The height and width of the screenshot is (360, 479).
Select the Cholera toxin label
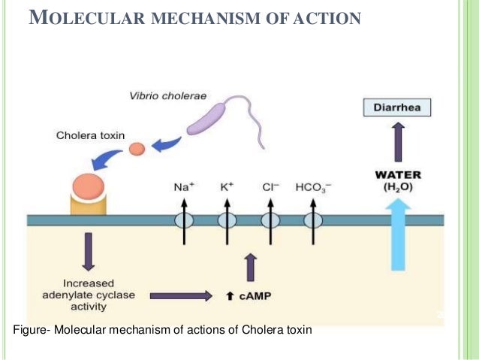[x=87, y=135]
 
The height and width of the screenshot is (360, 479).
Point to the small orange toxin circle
[x=136, y=149]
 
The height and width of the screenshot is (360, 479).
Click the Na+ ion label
[x=182, y=183]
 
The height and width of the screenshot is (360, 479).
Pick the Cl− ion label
[x=270, y=183]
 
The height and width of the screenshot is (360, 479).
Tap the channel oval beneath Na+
[x=182, y=220]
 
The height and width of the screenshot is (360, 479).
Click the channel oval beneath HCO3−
[x=312, y=220]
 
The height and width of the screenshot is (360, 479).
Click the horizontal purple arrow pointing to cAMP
[x=181, y=296]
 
